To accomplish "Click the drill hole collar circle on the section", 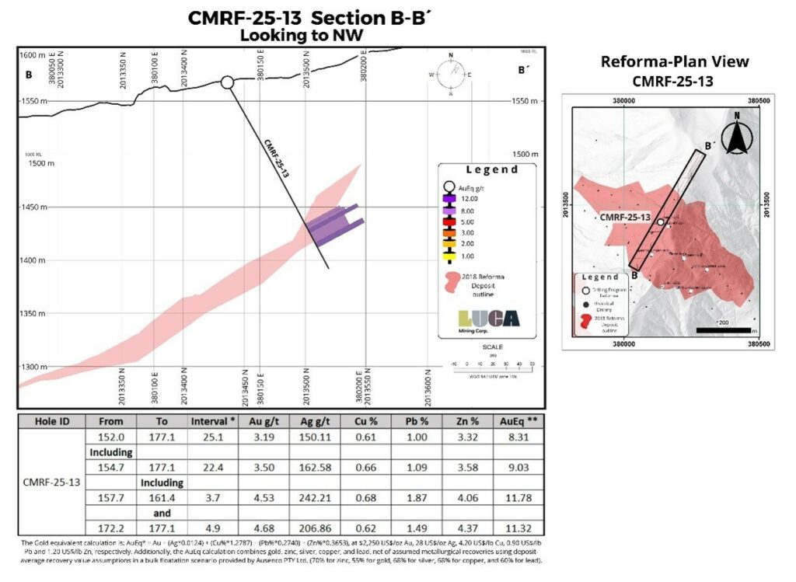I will [227, 82].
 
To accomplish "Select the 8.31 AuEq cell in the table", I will [521, 436].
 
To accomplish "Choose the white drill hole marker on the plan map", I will [660, 222].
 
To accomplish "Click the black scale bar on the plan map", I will [722, 330].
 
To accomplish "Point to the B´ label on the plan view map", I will [709, 145].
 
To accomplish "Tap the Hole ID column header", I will [55, 421].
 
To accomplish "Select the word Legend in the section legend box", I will [491, 170].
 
